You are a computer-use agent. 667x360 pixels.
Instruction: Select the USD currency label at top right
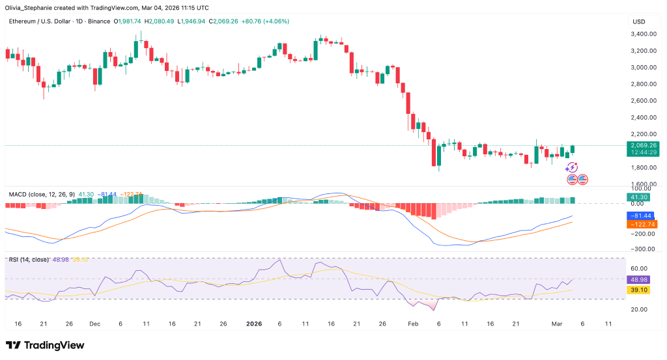coord(638,21)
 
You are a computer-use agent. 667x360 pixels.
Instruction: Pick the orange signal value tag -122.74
coord(641,224)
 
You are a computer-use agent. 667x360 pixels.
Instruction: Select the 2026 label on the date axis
coord(251,324)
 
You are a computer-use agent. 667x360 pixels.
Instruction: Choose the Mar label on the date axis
coord(557,324)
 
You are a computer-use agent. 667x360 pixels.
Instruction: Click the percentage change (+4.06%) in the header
coord(270,21)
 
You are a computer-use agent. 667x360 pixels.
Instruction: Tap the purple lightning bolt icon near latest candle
coord(573,167)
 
